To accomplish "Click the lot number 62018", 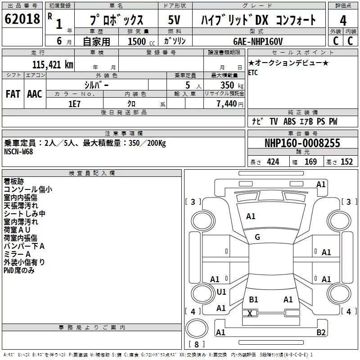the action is pyautogui.click(x=22, y=18).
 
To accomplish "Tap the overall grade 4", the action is pyautogui.click(x=343, y=20).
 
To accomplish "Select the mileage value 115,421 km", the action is pyautogui.click(x=53, y=65).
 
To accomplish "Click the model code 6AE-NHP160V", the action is pyautogui.click(x=258, y=41).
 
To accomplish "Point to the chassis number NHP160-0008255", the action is pyautogui.click(x=302, y=143).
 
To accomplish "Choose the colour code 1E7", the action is pyautogui.click(x=74, y=104).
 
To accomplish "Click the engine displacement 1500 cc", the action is pyautogui.click(x=141, y=41).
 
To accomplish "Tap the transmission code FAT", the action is pyautogui.click(x=13, y=94).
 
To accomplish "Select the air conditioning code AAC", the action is pyautogui.click(x=35, y=94).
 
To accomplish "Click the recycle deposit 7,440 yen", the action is pyautogui.click(x=230, y=104).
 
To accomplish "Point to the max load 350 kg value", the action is pyautogui.click(x=232, y=85).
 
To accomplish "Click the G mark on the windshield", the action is pyautogui.click(x=257, y=237).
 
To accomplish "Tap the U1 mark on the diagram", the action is pyautogui.click(x=221, y=292).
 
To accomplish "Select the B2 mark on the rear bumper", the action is pyautogui.click(x=321, y=332).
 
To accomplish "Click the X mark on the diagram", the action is pyautogui.click(x=250, y=313).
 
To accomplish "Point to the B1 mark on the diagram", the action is pyautogui.click(x=253, y=300).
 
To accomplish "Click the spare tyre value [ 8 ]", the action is pyautogui.click(x=197, y=344).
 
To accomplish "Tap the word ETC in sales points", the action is pyautogui.click(x=253, y=73).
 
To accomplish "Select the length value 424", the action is pyautogui.click(x=273, y=162).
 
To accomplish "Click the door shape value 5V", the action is pyautogui.click(x=174, y=20).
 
